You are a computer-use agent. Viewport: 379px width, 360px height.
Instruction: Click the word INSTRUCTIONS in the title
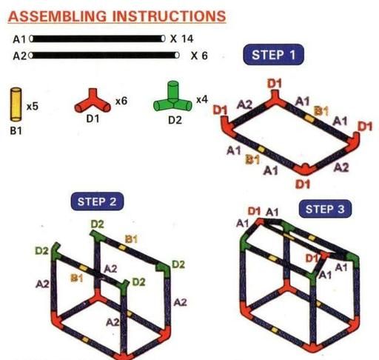coord(170,16)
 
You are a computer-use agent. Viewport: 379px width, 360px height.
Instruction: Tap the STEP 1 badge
coord(273,55)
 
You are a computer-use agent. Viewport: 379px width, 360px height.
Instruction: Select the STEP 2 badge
coord(97,201)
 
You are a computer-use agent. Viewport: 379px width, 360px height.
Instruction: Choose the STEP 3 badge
coord(325,209)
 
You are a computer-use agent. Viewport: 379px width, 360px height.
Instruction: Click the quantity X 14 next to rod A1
coord(181,39)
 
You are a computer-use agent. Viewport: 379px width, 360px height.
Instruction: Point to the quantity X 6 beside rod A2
coord(199,56)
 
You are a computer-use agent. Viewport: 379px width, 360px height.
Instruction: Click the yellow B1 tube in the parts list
coord(16,104)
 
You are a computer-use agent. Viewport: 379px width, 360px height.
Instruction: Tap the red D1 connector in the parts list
coord(93,102)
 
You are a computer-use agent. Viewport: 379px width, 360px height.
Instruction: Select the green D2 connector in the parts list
coord(172,97)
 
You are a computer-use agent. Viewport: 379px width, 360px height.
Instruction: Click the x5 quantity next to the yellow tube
coord(33,107)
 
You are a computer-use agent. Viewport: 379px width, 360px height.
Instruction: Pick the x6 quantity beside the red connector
coord(121,101)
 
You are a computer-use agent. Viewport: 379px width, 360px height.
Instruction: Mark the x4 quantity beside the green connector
coord(202,99)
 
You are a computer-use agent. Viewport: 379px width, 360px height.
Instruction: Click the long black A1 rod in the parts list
coord(98,39)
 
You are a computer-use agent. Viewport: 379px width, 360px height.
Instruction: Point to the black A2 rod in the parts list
coord(104,56)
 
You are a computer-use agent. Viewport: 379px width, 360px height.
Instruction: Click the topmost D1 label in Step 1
coord(275,84)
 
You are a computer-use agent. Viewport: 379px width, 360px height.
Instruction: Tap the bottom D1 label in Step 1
coord(303,184)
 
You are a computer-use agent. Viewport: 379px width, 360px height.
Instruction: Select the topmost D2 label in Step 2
coord(98,224)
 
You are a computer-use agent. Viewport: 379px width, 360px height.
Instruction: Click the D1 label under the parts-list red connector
coord(93,119)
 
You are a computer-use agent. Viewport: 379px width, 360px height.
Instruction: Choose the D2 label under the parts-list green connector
coord(175,120)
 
